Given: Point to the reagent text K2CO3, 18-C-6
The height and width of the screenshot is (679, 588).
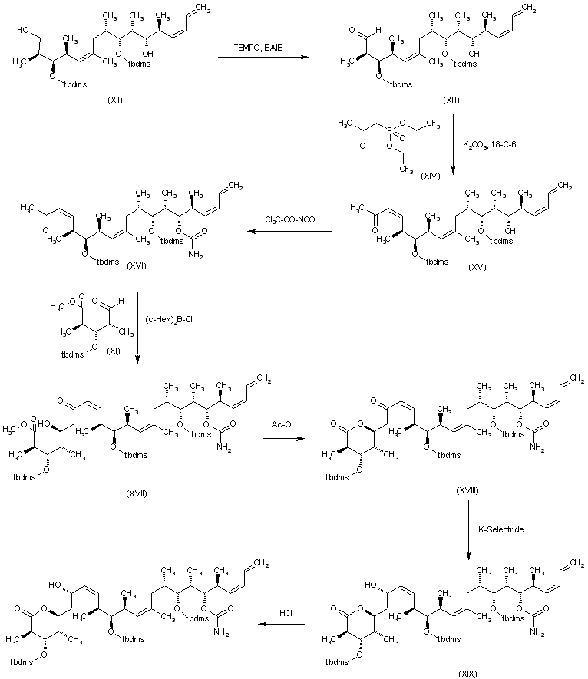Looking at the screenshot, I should (x=490, y=144).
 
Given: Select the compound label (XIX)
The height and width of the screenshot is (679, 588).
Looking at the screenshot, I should (x=464, y=673).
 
